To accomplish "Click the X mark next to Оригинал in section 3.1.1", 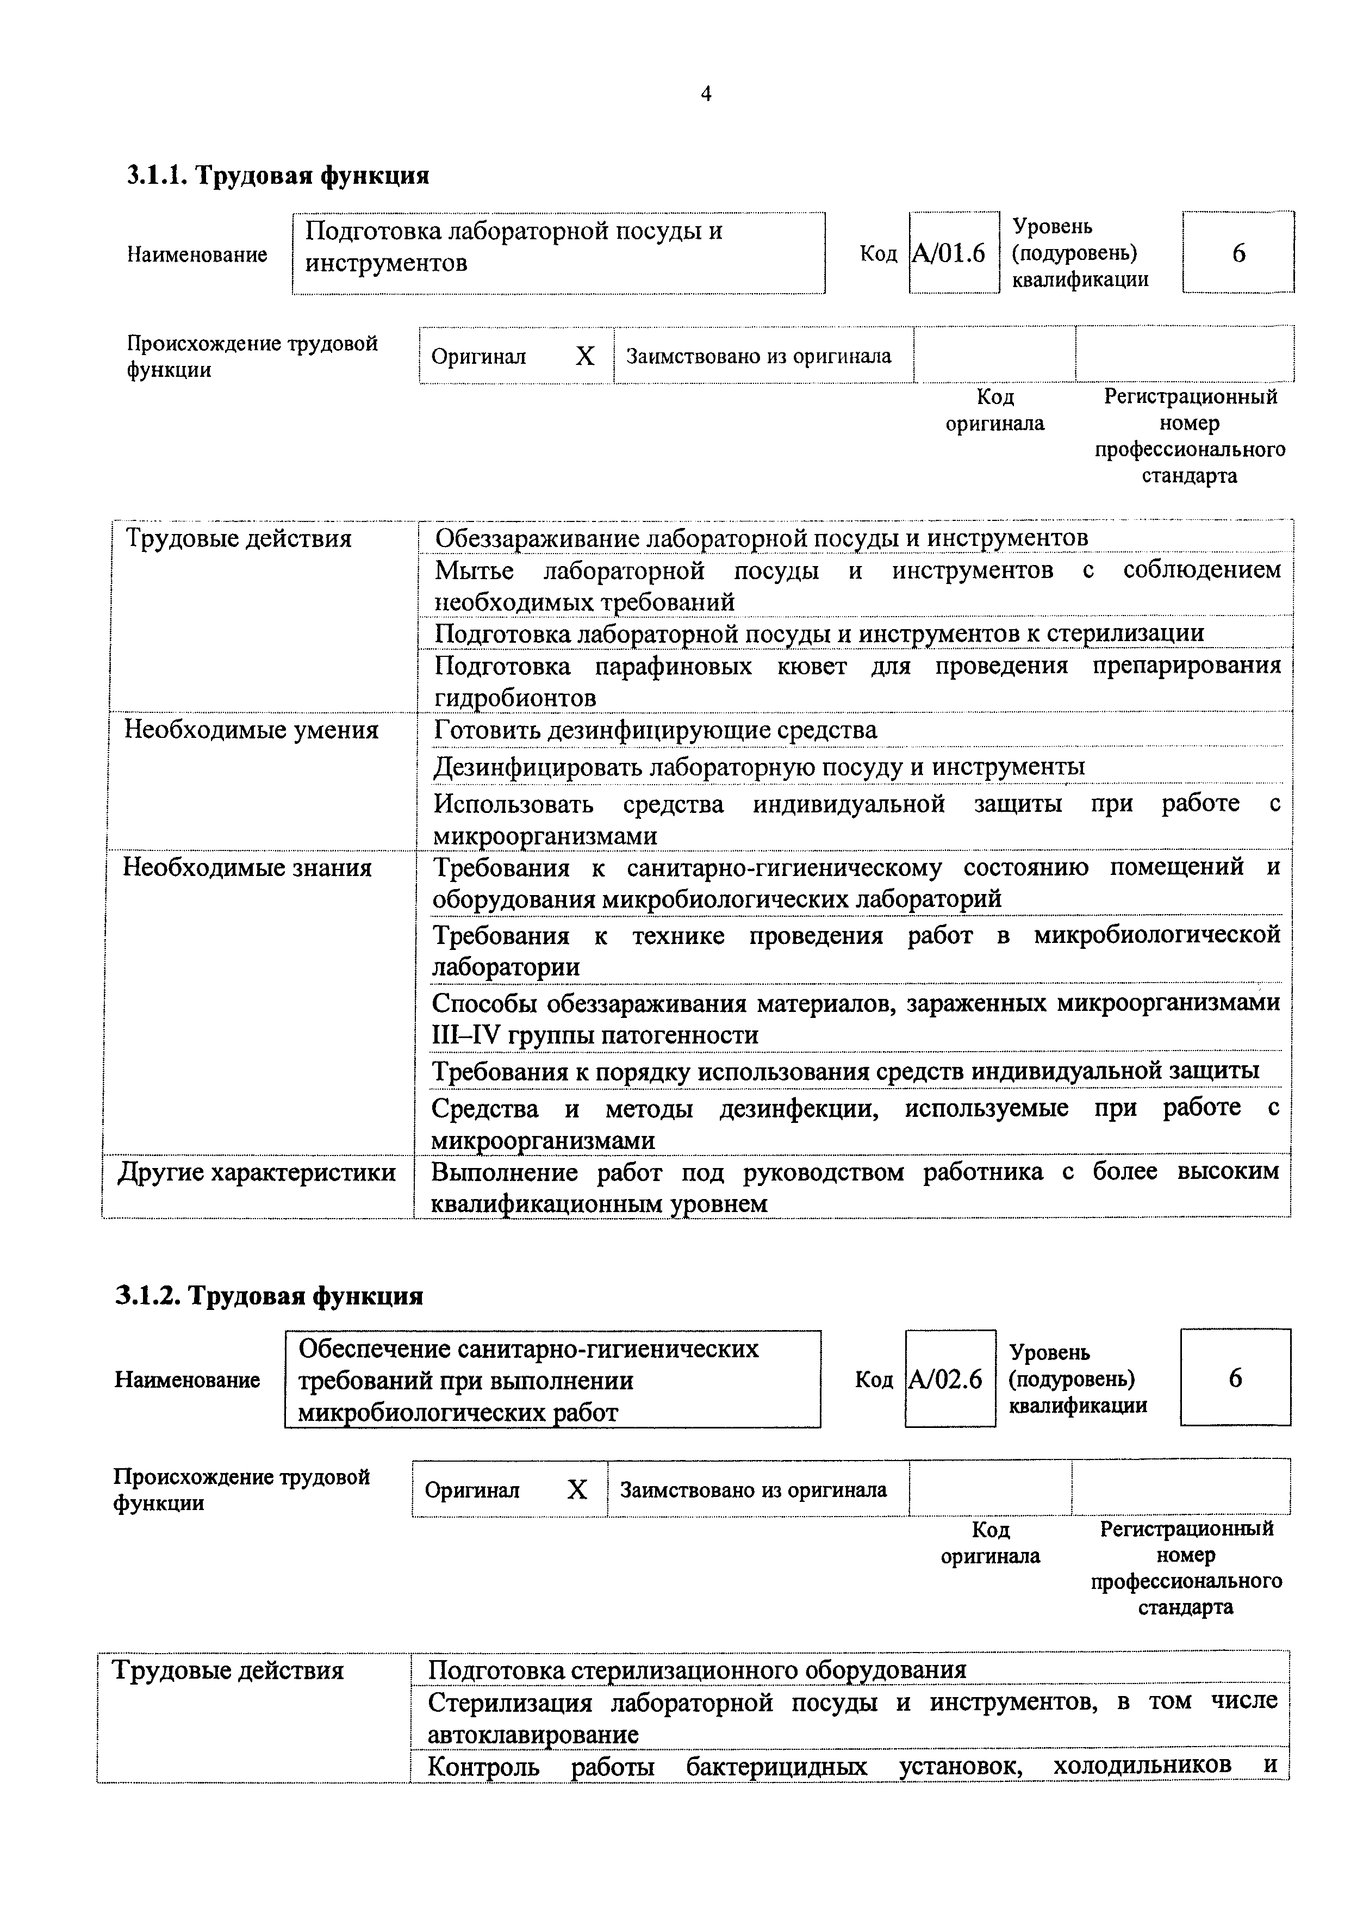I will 585,357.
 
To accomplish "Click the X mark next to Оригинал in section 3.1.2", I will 577,1490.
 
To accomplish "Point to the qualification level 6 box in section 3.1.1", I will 1238,252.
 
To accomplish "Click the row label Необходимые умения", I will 252,730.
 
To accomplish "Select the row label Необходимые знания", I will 247,867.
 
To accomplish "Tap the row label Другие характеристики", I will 257,1172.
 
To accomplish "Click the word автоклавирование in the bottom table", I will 533,1735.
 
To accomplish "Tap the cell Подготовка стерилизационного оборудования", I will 697,1670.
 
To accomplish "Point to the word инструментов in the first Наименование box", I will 386,263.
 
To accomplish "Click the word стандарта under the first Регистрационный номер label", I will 1189,476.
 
